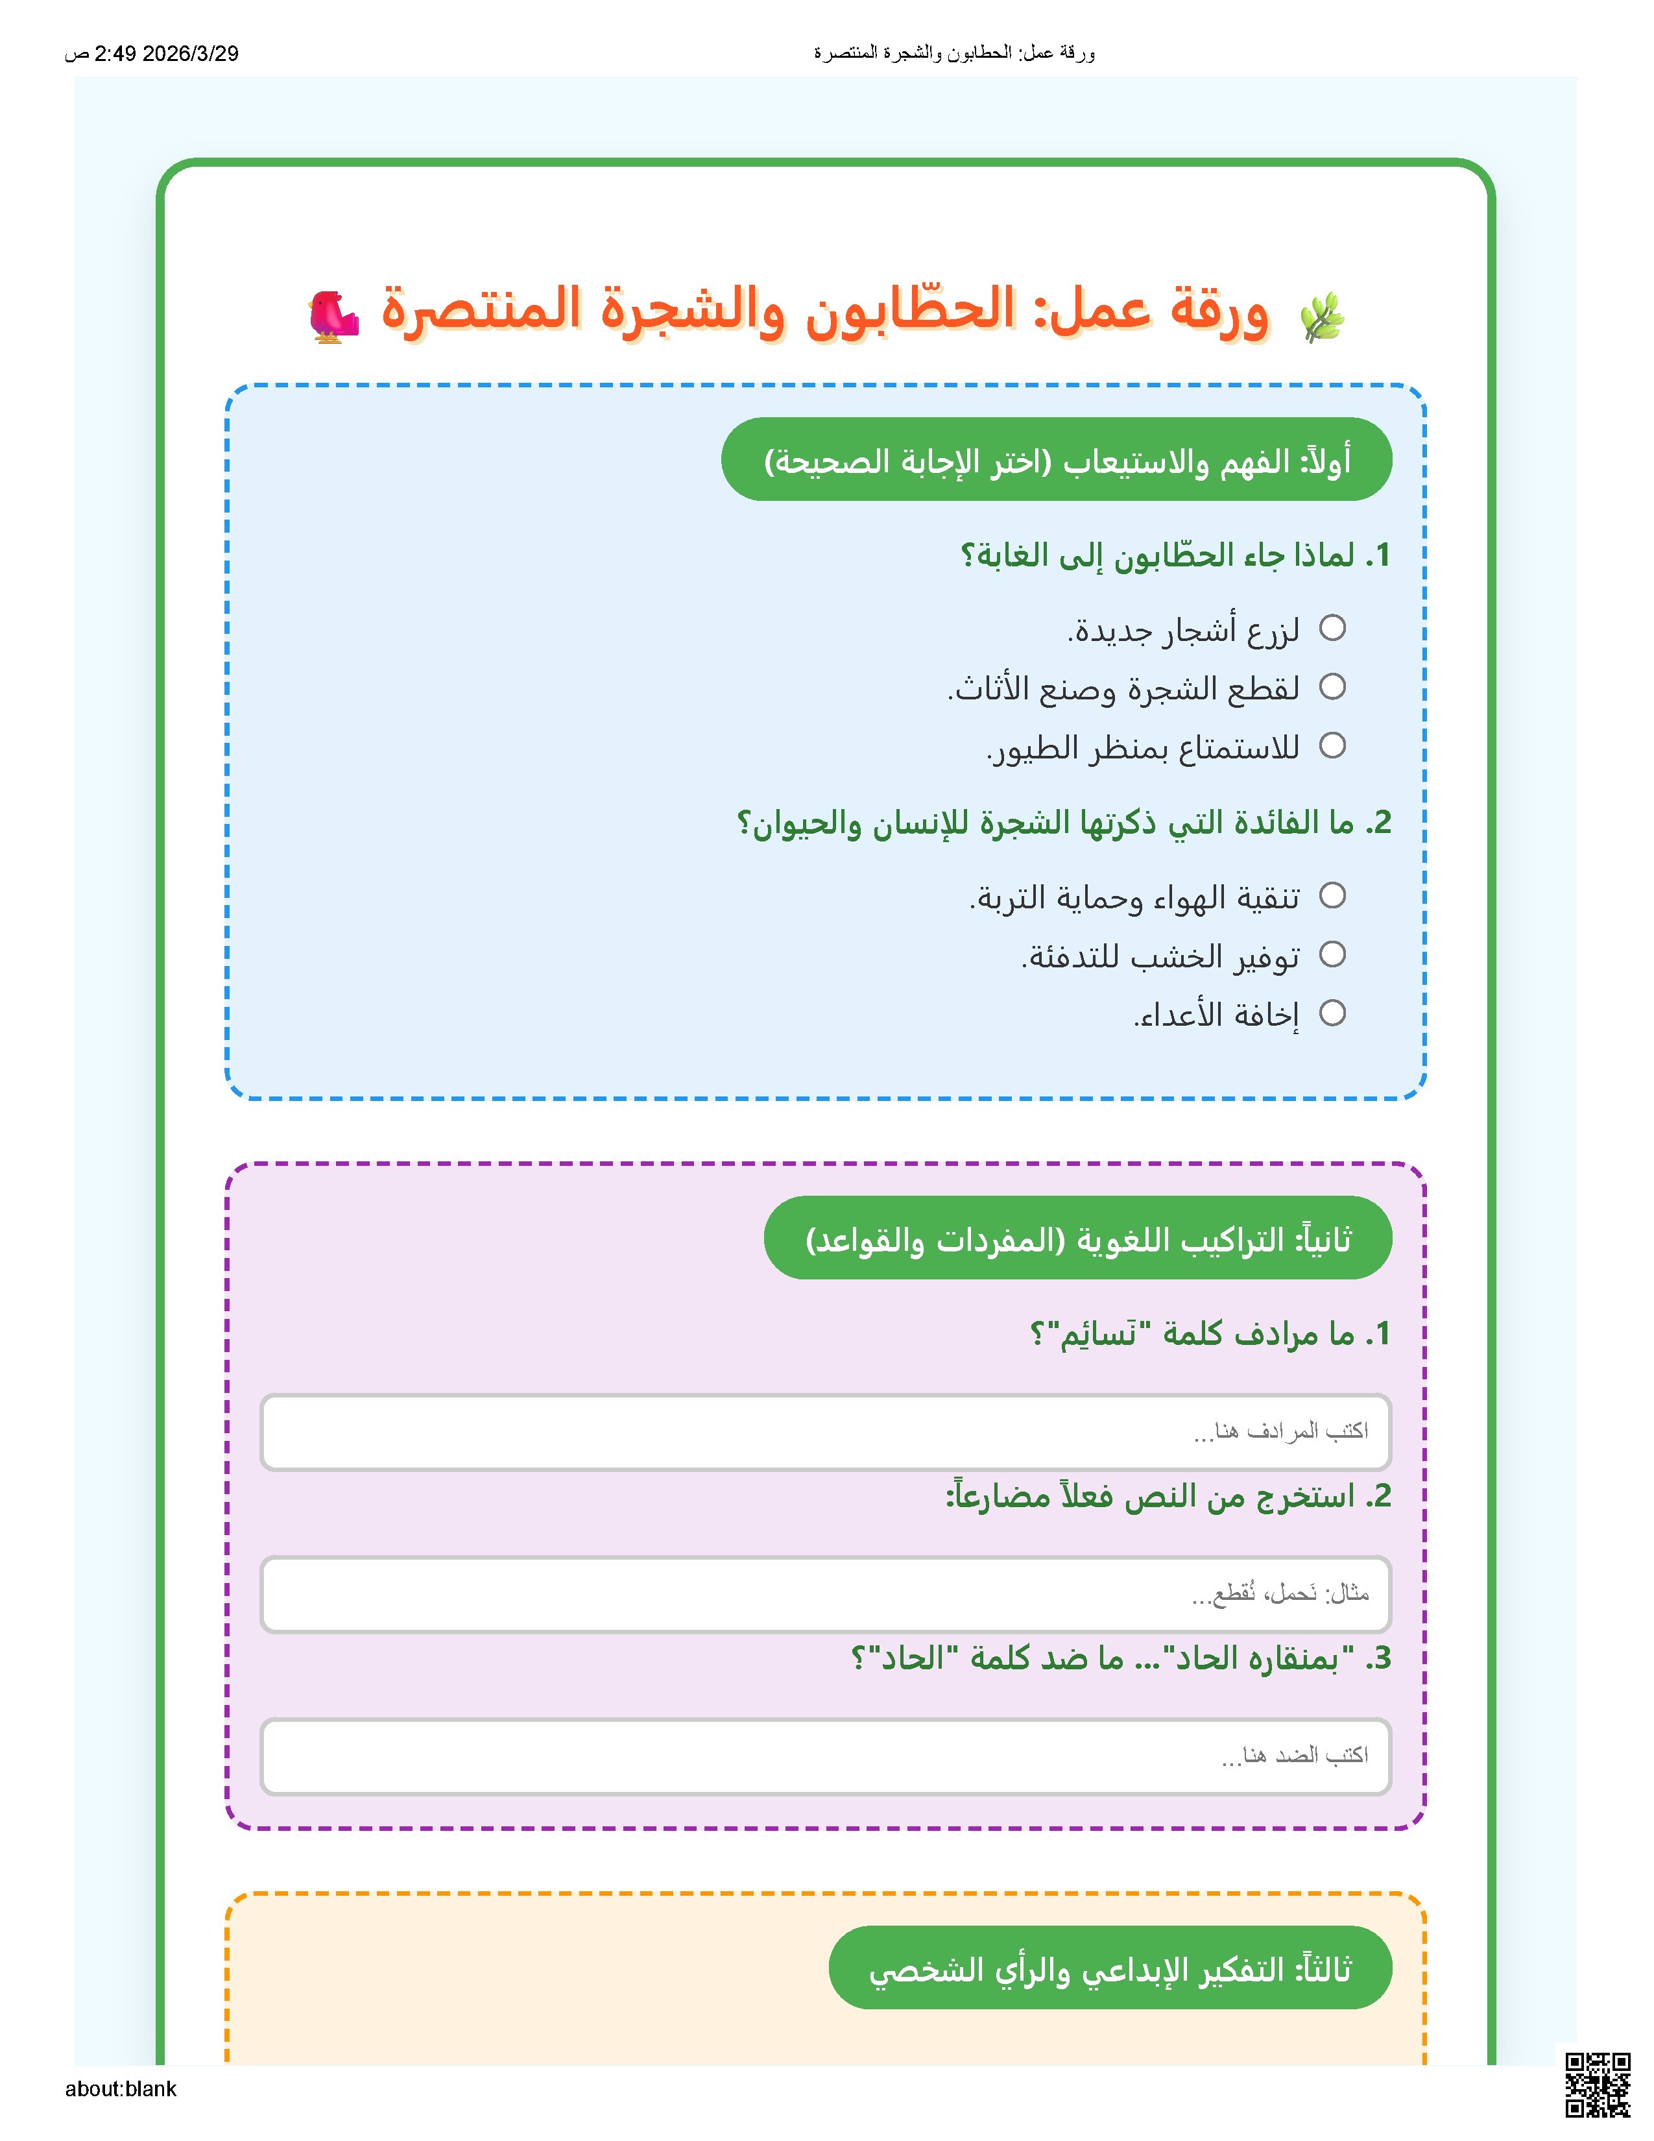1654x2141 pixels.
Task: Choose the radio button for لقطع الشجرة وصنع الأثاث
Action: (1332, 686)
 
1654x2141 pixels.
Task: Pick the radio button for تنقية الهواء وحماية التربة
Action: (1332, 895)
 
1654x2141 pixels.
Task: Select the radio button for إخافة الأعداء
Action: (1332, 1013)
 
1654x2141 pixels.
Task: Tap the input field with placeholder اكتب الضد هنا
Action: (825, 1755)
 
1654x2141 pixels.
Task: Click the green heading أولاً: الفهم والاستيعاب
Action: (1055, 460)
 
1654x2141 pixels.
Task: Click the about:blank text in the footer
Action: (121, 2089)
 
